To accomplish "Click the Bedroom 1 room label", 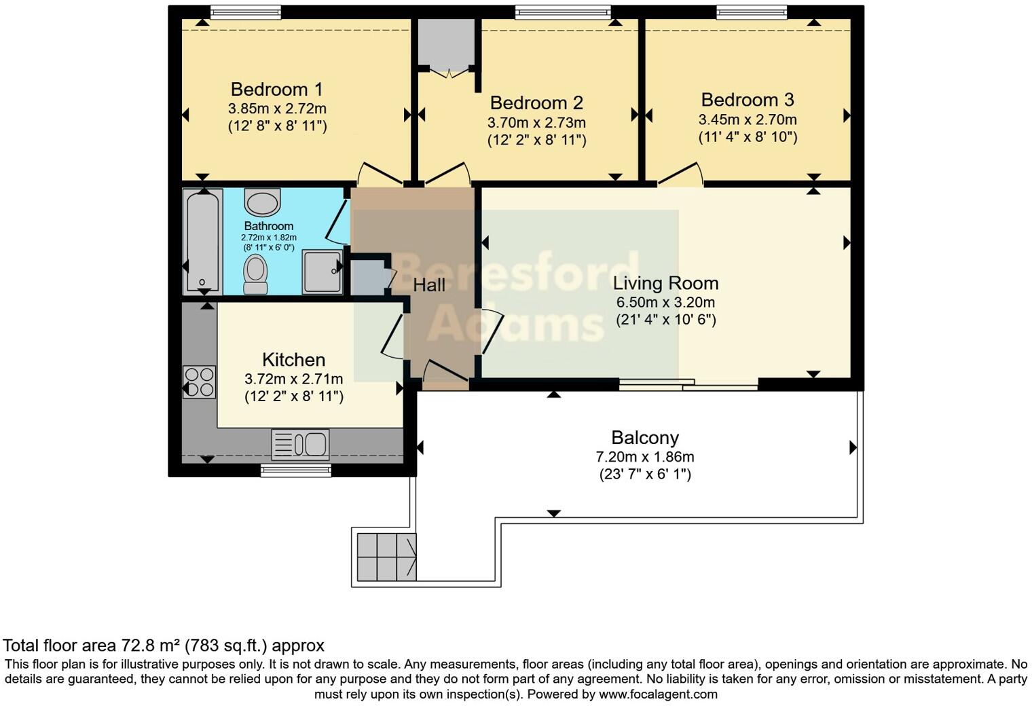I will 277,89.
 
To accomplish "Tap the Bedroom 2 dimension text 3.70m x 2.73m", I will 536,123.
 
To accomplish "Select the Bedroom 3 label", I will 748,100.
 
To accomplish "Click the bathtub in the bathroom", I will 202,242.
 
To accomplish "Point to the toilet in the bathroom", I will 255,274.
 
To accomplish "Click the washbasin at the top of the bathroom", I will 262,202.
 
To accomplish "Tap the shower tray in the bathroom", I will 322,272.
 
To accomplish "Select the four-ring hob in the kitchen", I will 199,382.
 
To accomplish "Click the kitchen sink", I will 300,445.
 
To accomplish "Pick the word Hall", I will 429,285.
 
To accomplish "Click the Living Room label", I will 665,283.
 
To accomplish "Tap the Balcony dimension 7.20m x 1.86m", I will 645,457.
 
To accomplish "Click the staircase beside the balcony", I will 386,557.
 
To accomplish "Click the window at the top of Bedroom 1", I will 236,12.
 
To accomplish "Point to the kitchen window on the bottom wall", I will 296,470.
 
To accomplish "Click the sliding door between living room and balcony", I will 688,385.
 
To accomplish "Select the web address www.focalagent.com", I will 658,694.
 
